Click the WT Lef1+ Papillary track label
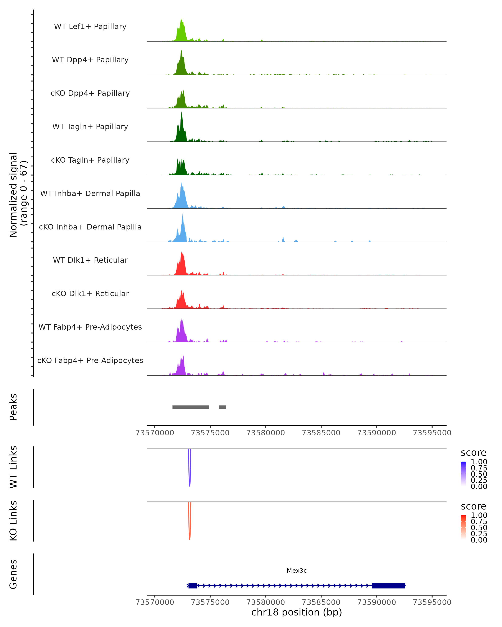point(90,27)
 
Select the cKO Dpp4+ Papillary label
point(90,93)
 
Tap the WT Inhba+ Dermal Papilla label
point(90,193)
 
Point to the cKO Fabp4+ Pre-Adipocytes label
point(90,360)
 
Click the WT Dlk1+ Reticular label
point(90,260)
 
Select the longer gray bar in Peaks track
point(191,407)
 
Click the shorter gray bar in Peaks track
point(223,407)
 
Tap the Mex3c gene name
point(297,571)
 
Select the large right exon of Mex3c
point(388,585)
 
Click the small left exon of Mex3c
point(192,585)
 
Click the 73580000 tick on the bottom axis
point(266,602)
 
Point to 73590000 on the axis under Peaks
point(376,433)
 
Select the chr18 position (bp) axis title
point(297,612)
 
